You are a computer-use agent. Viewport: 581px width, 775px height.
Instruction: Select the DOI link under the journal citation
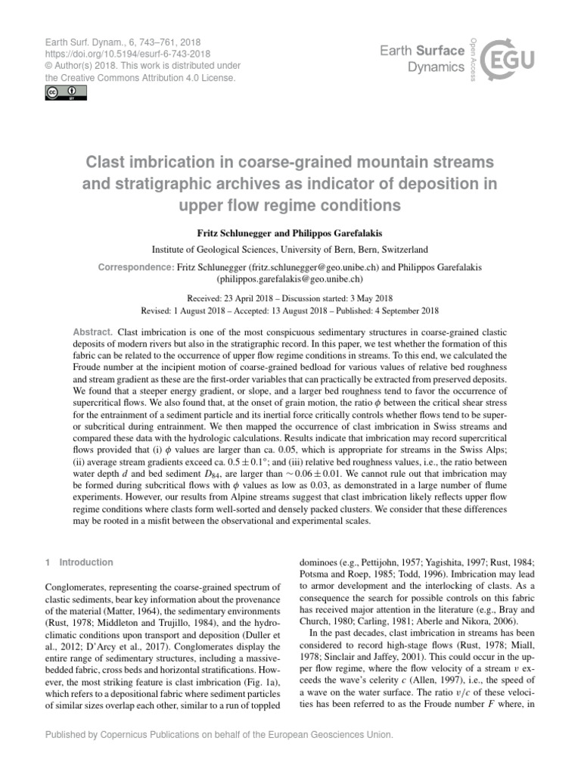(x=124, y=54)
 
